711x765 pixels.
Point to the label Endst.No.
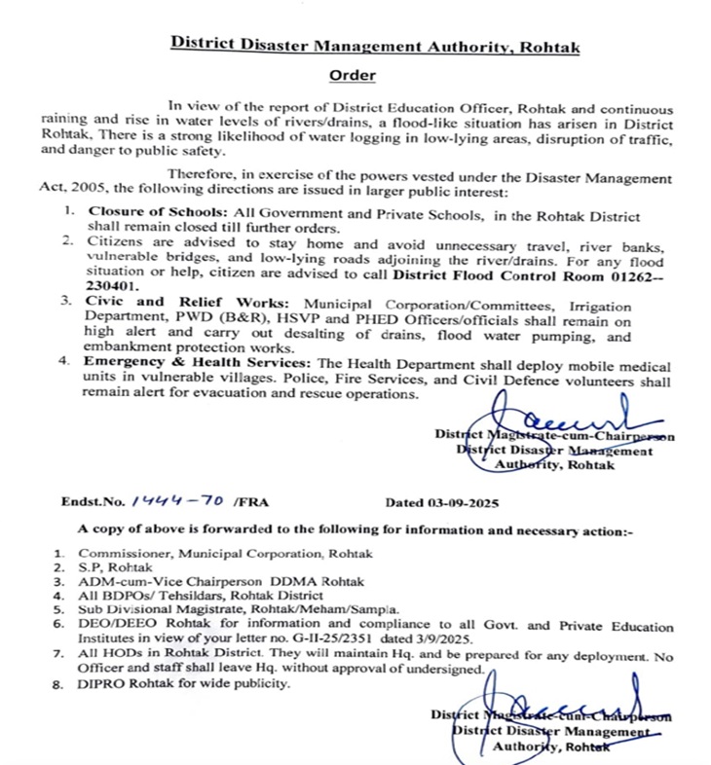(x=92, y=504)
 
